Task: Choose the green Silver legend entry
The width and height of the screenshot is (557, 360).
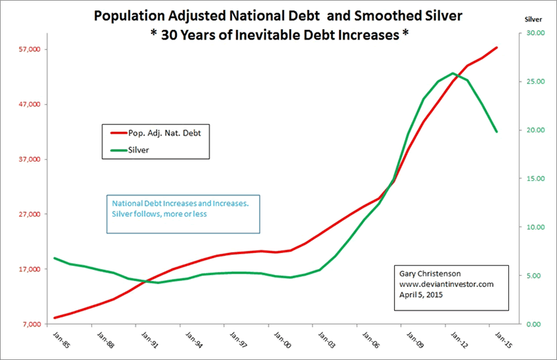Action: pos(139,149)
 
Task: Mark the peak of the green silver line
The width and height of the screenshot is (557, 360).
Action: pos(453,72)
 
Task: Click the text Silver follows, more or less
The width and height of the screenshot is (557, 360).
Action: pos(160,214)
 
